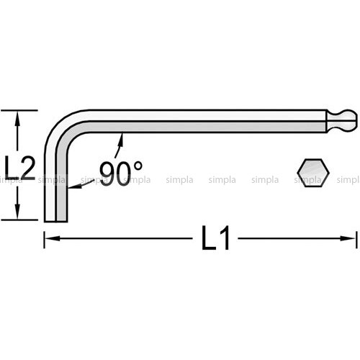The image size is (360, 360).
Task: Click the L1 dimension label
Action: coord(216,238)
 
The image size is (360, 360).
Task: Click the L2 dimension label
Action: coord(20,168)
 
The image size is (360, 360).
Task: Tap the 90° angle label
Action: coord(121,173)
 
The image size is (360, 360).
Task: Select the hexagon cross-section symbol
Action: coord(313,173)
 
